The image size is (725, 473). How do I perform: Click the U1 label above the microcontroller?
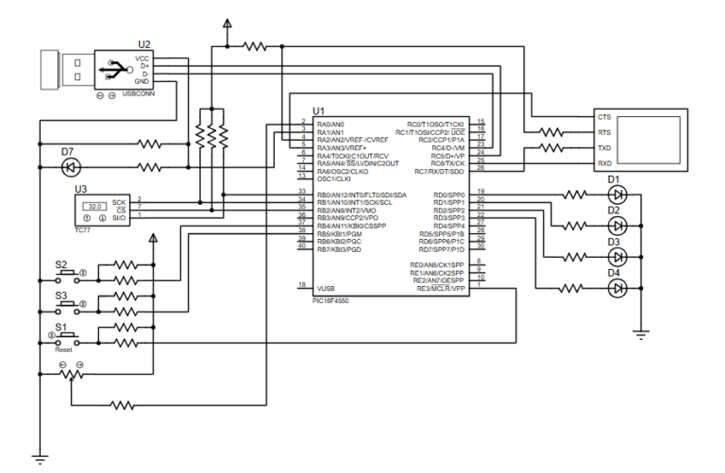(x=317, y=110)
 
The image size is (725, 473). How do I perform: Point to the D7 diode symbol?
(x=69, y=167)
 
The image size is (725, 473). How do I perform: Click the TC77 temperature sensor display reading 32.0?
(x=93, y=206)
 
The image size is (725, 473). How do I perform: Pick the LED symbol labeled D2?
(x=618, y=225)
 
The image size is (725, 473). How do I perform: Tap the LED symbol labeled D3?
(x=618, y=256)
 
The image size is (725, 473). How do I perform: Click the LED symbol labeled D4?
(x=618, y=287)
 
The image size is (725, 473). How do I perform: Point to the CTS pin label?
(x=604, y=117)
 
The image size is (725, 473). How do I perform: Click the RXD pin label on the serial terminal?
(x=604, y=164)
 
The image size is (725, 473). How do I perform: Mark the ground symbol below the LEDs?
(x=641, y=332)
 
